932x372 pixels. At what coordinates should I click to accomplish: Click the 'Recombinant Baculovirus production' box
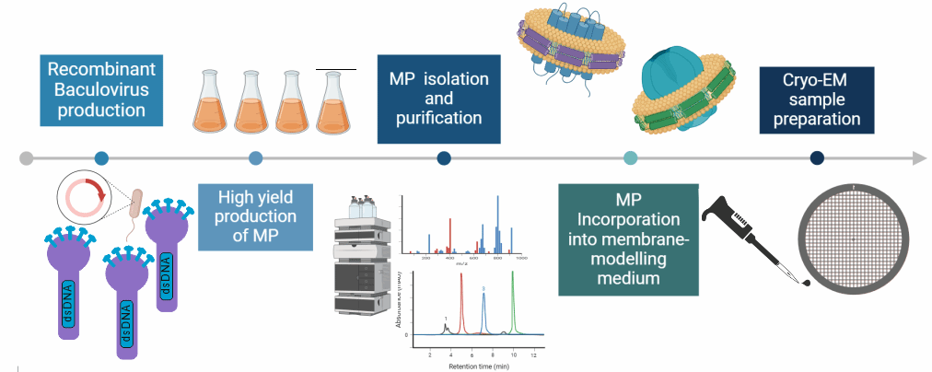tap(102, 90)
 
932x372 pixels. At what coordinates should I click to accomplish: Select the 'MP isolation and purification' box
tap(439, 99)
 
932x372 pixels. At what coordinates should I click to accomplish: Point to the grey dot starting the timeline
tap(27, 158)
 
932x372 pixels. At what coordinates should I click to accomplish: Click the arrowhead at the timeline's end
tap(917, 158)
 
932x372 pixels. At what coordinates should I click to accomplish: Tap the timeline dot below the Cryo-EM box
tap(817, 158)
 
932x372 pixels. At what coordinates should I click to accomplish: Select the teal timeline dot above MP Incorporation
tap(630, 158)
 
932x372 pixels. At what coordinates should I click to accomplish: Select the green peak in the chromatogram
tap(513, 304)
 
